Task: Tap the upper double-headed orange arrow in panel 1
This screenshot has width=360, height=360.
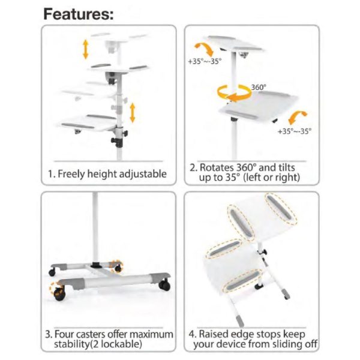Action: click(86, 48)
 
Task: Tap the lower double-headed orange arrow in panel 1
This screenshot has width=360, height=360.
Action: click(133, 112)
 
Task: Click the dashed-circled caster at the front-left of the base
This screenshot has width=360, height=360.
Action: click(59, 293)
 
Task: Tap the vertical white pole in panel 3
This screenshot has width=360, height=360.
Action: click(95, 228)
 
